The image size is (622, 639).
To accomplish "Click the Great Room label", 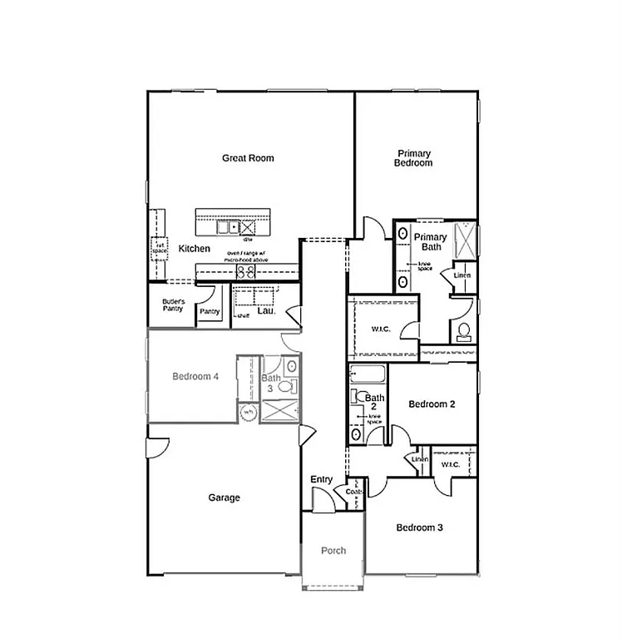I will pyautogui.click(x=248, y=158).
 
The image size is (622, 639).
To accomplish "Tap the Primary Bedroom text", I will pyautogui.click(x=413, y=158).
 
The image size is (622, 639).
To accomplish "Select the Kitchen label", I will pyautogui.click(x=194, y=249).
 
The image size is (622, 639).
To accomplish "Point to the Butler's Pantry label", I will pyautogui.click(x=173, y=305).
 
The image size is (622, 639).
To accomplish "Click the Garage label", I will pyautogui.click(x=224, y=498).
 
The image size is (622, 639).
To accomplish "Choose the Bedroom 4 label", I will pyautogui.click(x=195, y=376).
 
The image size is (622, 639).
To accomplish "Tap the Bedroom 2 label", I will pyautogui.click(x=432, y=404).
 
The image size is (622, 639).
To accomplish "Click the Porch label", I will pyautogui.click(x=333, y=551).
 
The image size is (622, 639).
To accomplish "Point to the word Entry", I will pyautogui.click(x=322, y=479).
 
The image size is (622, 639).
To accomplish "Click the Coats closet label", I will pyautogui.click(x=354, y=492).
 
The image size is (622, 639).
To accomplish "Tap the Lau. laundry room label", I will pyautogui.click(x=266, y=311).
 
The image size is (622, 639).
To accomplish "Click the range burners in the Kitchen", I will pyautogui.click(x=246, y=271).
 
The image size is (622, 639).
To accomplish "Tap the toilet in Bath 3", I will pyautogui.click(x=286, y=386).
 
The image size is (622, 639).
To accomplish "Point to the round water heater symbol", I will pyautogui.click(x=248, y=412).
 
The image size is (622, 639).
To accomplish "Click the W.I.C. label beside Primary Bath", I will pyautogui.click(x=380, y=329).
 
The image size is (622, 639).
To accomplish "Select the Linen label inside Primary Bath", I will pyautogui.click(x=462, y=275).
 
